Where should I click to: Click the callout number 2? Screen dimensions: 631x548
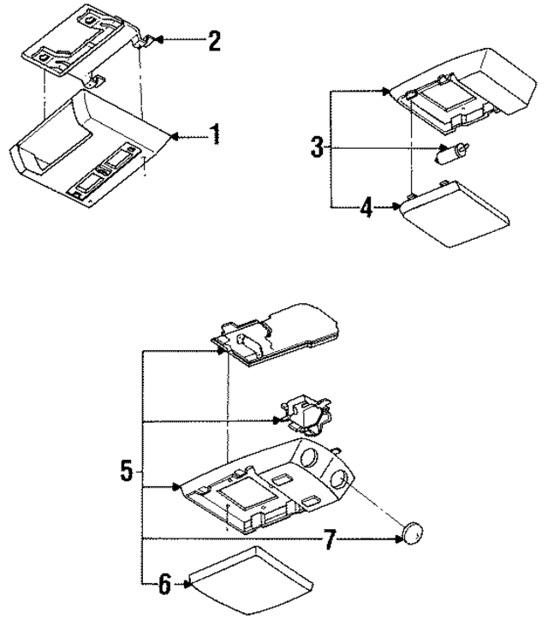[x=214, y=40]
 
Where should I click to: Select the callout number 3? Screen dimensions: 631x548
[x=317, y=147]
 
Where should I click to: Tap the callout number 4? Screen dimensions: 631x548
[x=366, y=206]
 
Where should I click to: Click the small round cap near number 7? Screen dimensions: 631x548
[x=414, y=533]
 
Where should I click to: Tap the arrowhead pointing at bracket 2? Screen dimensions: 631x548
[x=159, y=40]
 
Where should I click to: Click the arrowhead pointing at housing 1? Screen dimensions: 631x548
[x=175, y=135]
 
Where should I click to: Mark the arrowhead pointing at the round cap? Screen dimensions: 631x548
[x=396, y=539]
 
